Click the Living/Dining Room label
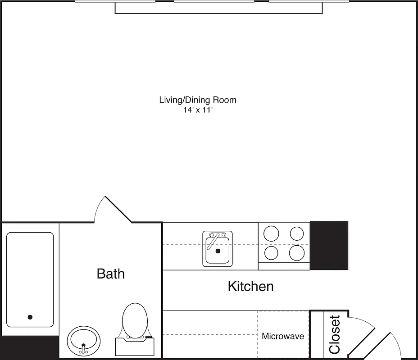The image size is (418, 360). [197, 100]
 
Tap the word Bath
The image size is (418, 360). [111, 274]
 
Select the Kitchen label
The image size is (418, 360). [250, 286]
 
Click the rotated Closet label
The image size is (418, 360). [335, 334]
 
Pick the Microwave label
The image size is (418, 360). [283, 336]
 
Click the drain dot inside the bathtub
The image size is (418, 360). [30, 317]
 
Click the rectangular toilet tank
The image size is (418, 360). [135, 347]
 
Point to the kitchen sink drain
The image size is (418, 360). [218, 251]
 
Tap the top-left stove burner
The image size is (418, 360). [271, 233]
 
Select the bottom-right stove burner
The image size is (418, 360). [297, 252]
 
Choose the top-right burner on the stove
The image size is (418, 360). [297, 233]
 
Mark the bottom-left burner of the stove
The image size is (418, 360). [271, 252]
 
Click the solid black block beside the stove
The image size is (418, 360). [329, 245]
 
